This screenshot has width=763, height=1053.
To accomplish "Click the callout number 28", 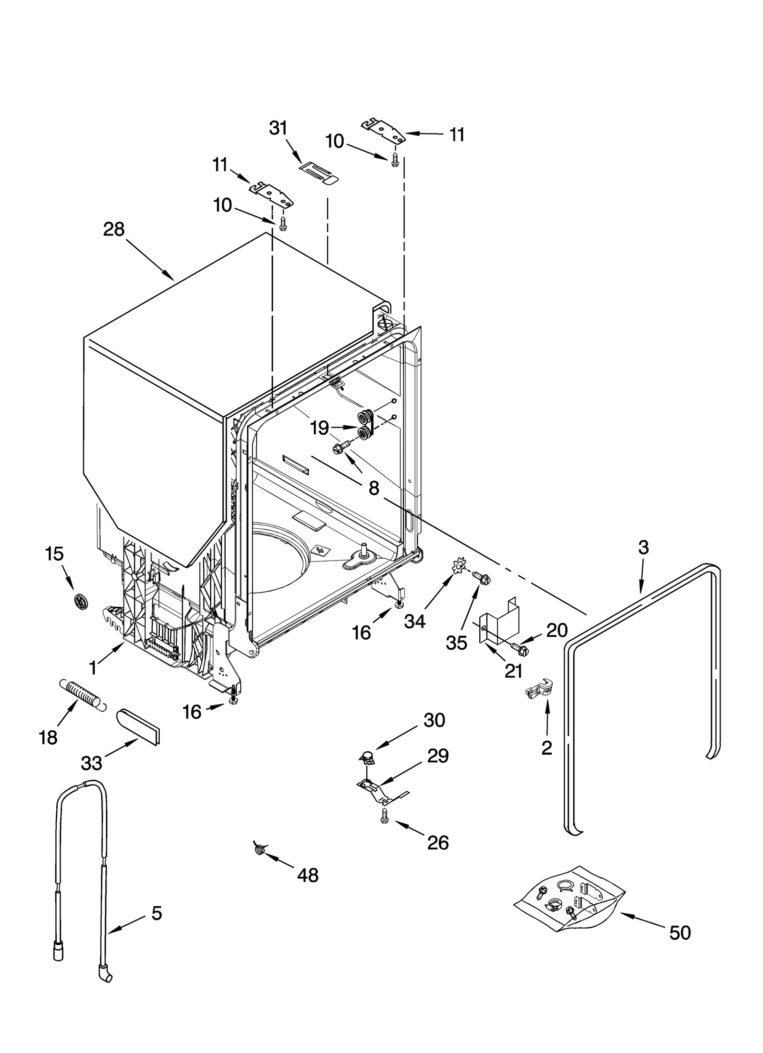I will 114,230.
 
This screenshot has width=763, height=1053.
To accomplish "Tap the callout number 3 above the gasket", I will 643,548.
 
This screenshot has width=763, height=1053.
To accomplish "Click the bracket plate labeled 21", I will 497,623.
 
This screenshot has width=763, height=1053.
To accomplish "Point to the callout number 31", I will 278,128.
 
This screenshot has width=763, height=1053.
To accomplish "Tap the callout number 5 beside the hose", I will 156,913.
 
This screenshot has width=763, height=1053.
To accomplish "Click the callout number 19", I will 320,428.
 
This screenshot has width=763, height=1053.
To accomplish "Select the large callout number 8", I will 374,488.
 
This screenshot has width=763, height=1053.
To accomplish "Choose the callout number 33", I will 92,763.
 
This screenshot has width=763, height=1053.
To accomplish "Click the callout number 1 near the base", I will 93,668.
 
